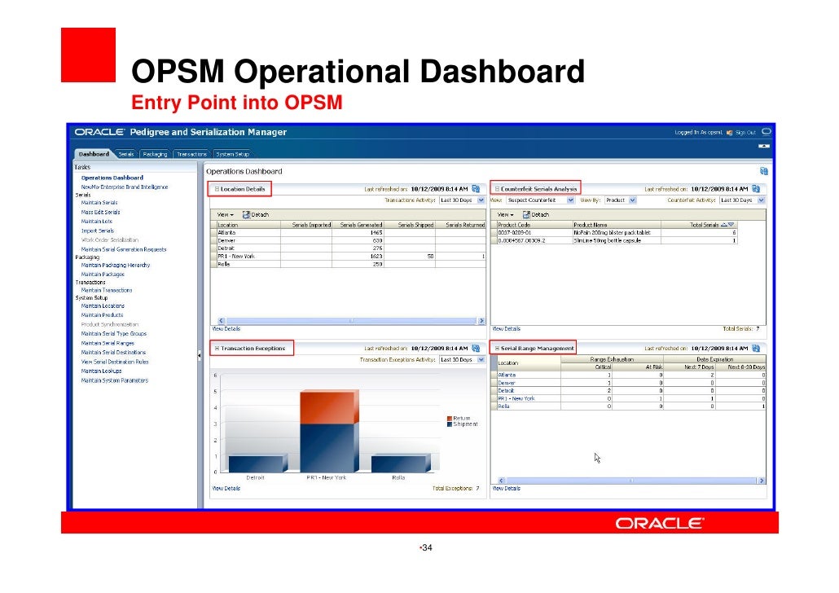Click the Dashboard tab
[x=94, y=154]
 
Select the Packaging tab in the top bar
[x=155, y=154]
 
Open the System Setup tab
[x=232, y=154]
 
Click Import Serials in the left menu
[x=98, y=231]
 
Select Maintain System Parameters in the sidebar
[x=114, y=380]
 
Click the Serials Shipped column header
[x=415, y=225]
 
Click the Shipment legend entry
[x=464, y=424]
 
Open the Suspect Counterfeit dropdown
[x=542, y=200]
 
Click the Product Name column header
[x=591, y=225]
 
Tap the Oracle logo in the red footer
[x=659, y=524]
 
